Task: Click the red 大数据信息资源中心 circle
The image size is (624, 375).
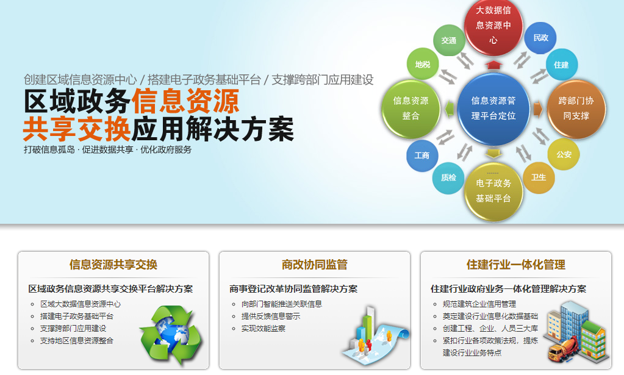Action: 493,26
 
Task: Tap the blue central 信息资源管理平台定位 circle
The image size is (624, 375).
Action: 493,108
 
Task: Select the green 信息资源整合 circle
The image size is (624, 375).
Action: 411,108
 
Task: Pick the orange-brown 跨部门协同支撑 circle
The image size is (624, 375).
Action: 576,108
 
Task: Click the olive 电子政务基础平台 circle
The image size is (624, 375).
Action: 493,191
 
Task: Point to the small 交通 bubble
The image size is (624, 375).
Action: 448,40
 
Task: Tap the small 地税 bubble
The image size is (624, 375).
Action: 422,64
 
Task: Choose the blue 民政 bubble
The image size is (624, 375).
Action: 540,38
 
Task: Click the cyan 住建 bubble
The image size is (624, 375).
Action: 561,65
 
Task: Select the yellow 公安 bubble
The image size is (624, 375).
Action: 564,154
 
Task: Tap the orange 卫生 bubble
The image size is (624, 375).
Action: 539,177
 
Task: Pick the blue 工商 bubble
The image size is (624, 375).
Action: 422,155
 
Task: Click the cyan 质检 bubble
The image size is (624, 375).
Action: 448,178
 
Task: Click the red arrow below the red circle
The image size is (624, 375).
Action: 493,64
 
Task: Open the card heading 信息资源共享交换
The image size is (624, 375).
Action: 113,265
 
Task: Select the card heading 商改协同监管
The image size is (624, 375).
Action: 314,265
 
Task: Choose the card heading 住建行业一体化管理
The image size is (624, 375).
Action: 515,265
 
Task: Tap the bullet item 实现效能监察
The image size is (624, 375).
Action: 263,328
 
